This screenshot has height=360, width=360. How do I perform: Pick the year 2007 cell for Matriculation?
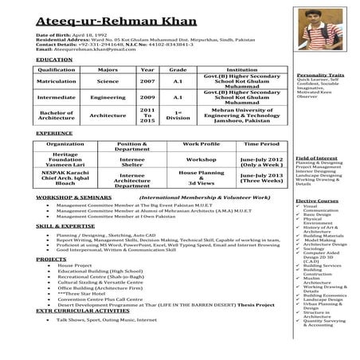coord(147,81)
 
